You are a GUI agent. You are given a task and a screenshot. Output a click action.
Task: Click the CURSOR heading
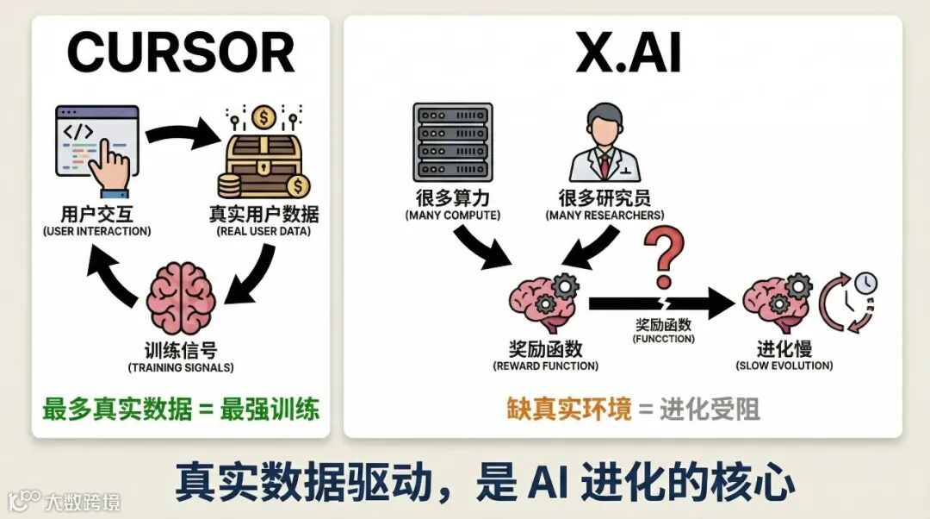180,53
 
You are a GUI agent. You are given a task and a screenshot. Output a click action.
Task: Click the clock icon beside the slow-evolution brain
851,301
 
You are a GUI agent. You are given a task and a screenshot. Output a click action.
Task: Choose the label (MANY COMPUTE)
452,215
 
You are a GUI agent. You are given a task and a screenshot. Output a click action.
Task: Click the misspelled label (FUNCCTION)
662,339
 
